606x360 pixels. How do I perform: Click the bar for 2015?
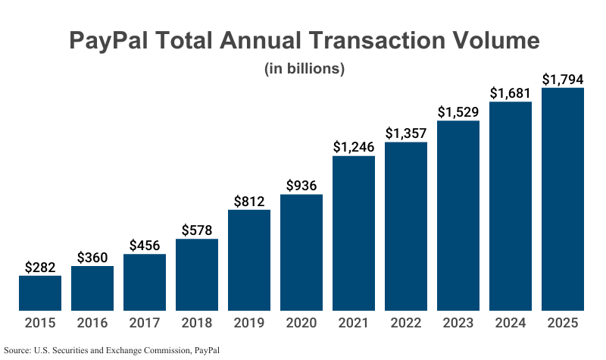tap(40, 293)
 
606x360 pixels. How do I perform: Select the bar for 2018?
tap(197, 275)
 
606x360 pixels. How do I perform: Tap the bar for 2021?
tap(354, 233)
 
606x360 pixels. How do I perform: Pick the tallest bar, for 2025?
tap(563, 199)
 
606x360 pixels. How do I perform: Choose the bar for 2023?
tap(458, 216)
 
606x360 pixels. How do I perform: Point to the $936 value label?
tap(301, 186)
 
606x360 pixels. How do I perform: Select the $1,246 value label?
tap(354, 147)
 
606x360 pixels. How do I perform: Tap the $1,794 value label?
tap(563, 79)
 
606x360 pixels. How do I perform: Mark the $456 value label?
tap(145, 245)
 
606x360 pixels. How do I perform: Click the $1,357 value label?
tap(406, 133)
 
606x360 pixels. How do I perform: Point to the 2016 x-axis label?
tap(92, 324)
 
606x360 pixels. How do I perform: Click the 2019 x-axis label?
tap(249, 324)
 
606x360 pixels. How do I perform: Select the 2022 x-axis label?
tap(406, 324)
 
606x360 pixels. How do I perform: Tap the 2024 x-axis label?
tap(511, 324)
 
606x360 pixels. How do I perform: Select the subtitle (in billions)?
tap(305, 68)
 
